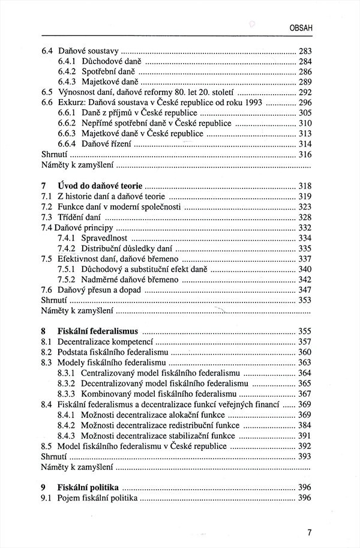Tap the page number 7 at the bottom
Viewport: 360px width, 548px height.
coord(309,532)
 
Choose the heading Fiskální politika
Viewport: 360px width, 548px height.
coord(88,487)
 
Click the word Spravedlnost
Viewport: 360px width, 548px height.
coord(106,238)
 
